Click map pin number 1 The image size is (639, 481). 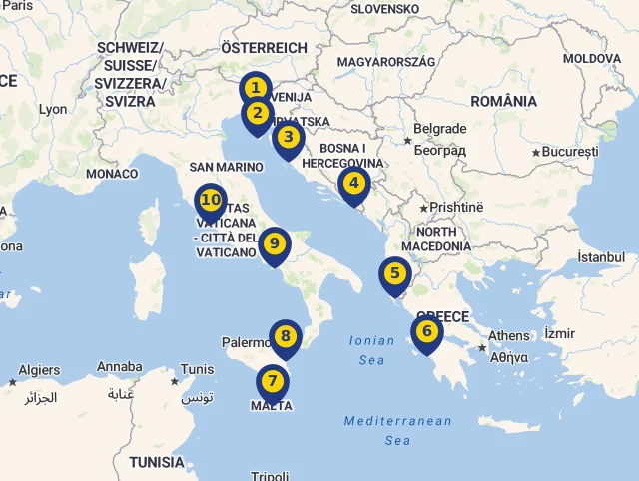click(x=256, y=89)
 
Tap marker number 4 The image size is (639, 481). click(x=353, y=184)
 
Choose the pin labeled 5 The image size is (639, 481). click(x=394, y=273)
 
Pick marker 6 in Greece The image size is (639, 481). click(x=426, y=332)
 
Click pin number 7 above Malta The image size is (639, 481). click(x=272, y=381)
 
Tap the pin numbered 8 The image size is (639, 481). click(x=285, y=337)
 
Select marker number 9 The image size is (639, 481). click(x=275, y=243)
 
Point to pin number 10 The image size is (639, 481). click(x=210, y=200)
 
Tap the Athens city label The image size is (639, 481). click(x=509, y=336)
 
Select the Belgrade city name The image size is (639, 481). click(x=439, y=129)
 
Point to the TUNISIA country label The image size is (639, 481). click(x=157, y=462)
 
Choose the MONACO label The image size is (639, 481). click(x=112, y=174)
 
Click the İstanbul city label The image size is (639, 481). click(x=600, y=257)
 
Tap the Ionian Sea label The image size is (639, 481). click(x=371, y=350)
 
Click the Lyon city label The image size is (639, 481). click(x=52, y=109)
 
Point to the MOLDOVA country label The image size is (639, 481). click(x=591, y=58)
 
